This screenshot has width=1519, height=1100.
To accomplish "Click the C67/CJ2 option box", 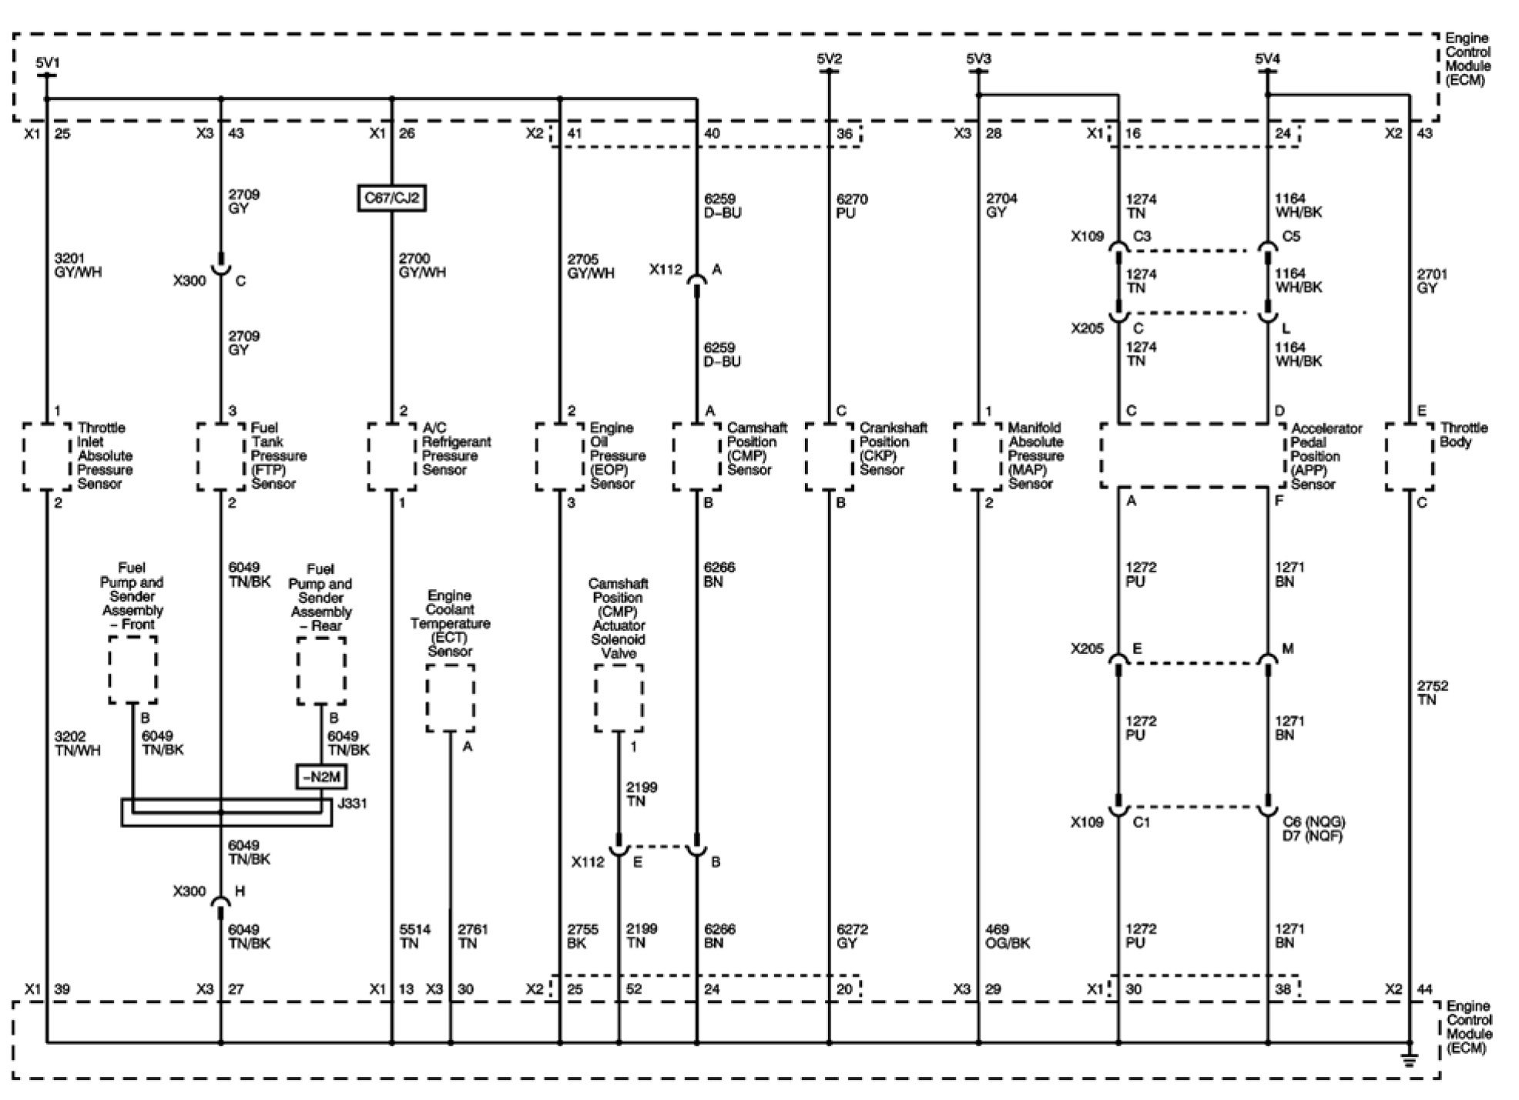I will point(392,199).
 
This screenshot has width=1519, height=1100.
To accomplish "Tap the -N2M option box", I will point(322,777).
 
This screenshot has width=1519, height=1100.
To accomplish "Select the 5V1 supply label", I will point(47,62).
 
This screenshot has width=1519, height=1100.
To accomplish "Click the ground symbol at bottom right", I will point(1410,1060).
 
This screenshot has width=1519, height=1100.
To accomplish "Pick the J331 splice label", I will point(353,803).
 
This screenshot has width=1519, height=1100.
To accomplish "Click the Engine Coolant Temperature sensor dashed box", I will point(450,699).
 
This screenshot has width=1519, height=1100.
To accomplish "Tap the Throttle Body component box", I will point(1410,456).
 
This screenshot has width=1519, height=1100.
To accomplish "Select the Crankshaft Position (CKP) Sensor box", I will point(830,456).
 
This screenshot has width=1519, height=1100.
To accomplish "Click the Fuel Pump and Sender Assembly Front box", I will point(133,670).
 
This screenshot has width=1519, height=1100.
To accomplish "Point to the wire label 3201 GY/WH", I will point(78,265).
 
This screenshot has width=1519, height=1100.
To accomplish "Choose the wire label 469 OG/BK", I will point(1007,936).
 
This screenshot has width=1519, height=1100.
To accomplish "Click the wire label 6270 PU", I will point(852,206).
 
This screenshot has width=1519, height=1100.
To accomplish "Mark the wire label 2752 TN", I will point(1432,693).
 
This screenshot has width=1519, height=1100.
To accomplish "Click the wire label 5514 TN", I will point(409,936).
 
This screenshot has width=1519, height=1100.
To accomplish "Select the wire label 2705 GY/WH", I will point(591,266).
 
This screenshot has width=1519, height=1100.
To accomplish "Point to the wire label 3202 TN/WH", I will point(77,743).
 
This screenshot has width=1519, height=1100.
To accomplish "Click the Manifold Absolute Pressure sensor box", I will point(978,456).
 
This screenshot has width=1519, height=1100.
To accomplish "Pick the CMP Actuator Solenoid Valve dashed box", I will point(619,699).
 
